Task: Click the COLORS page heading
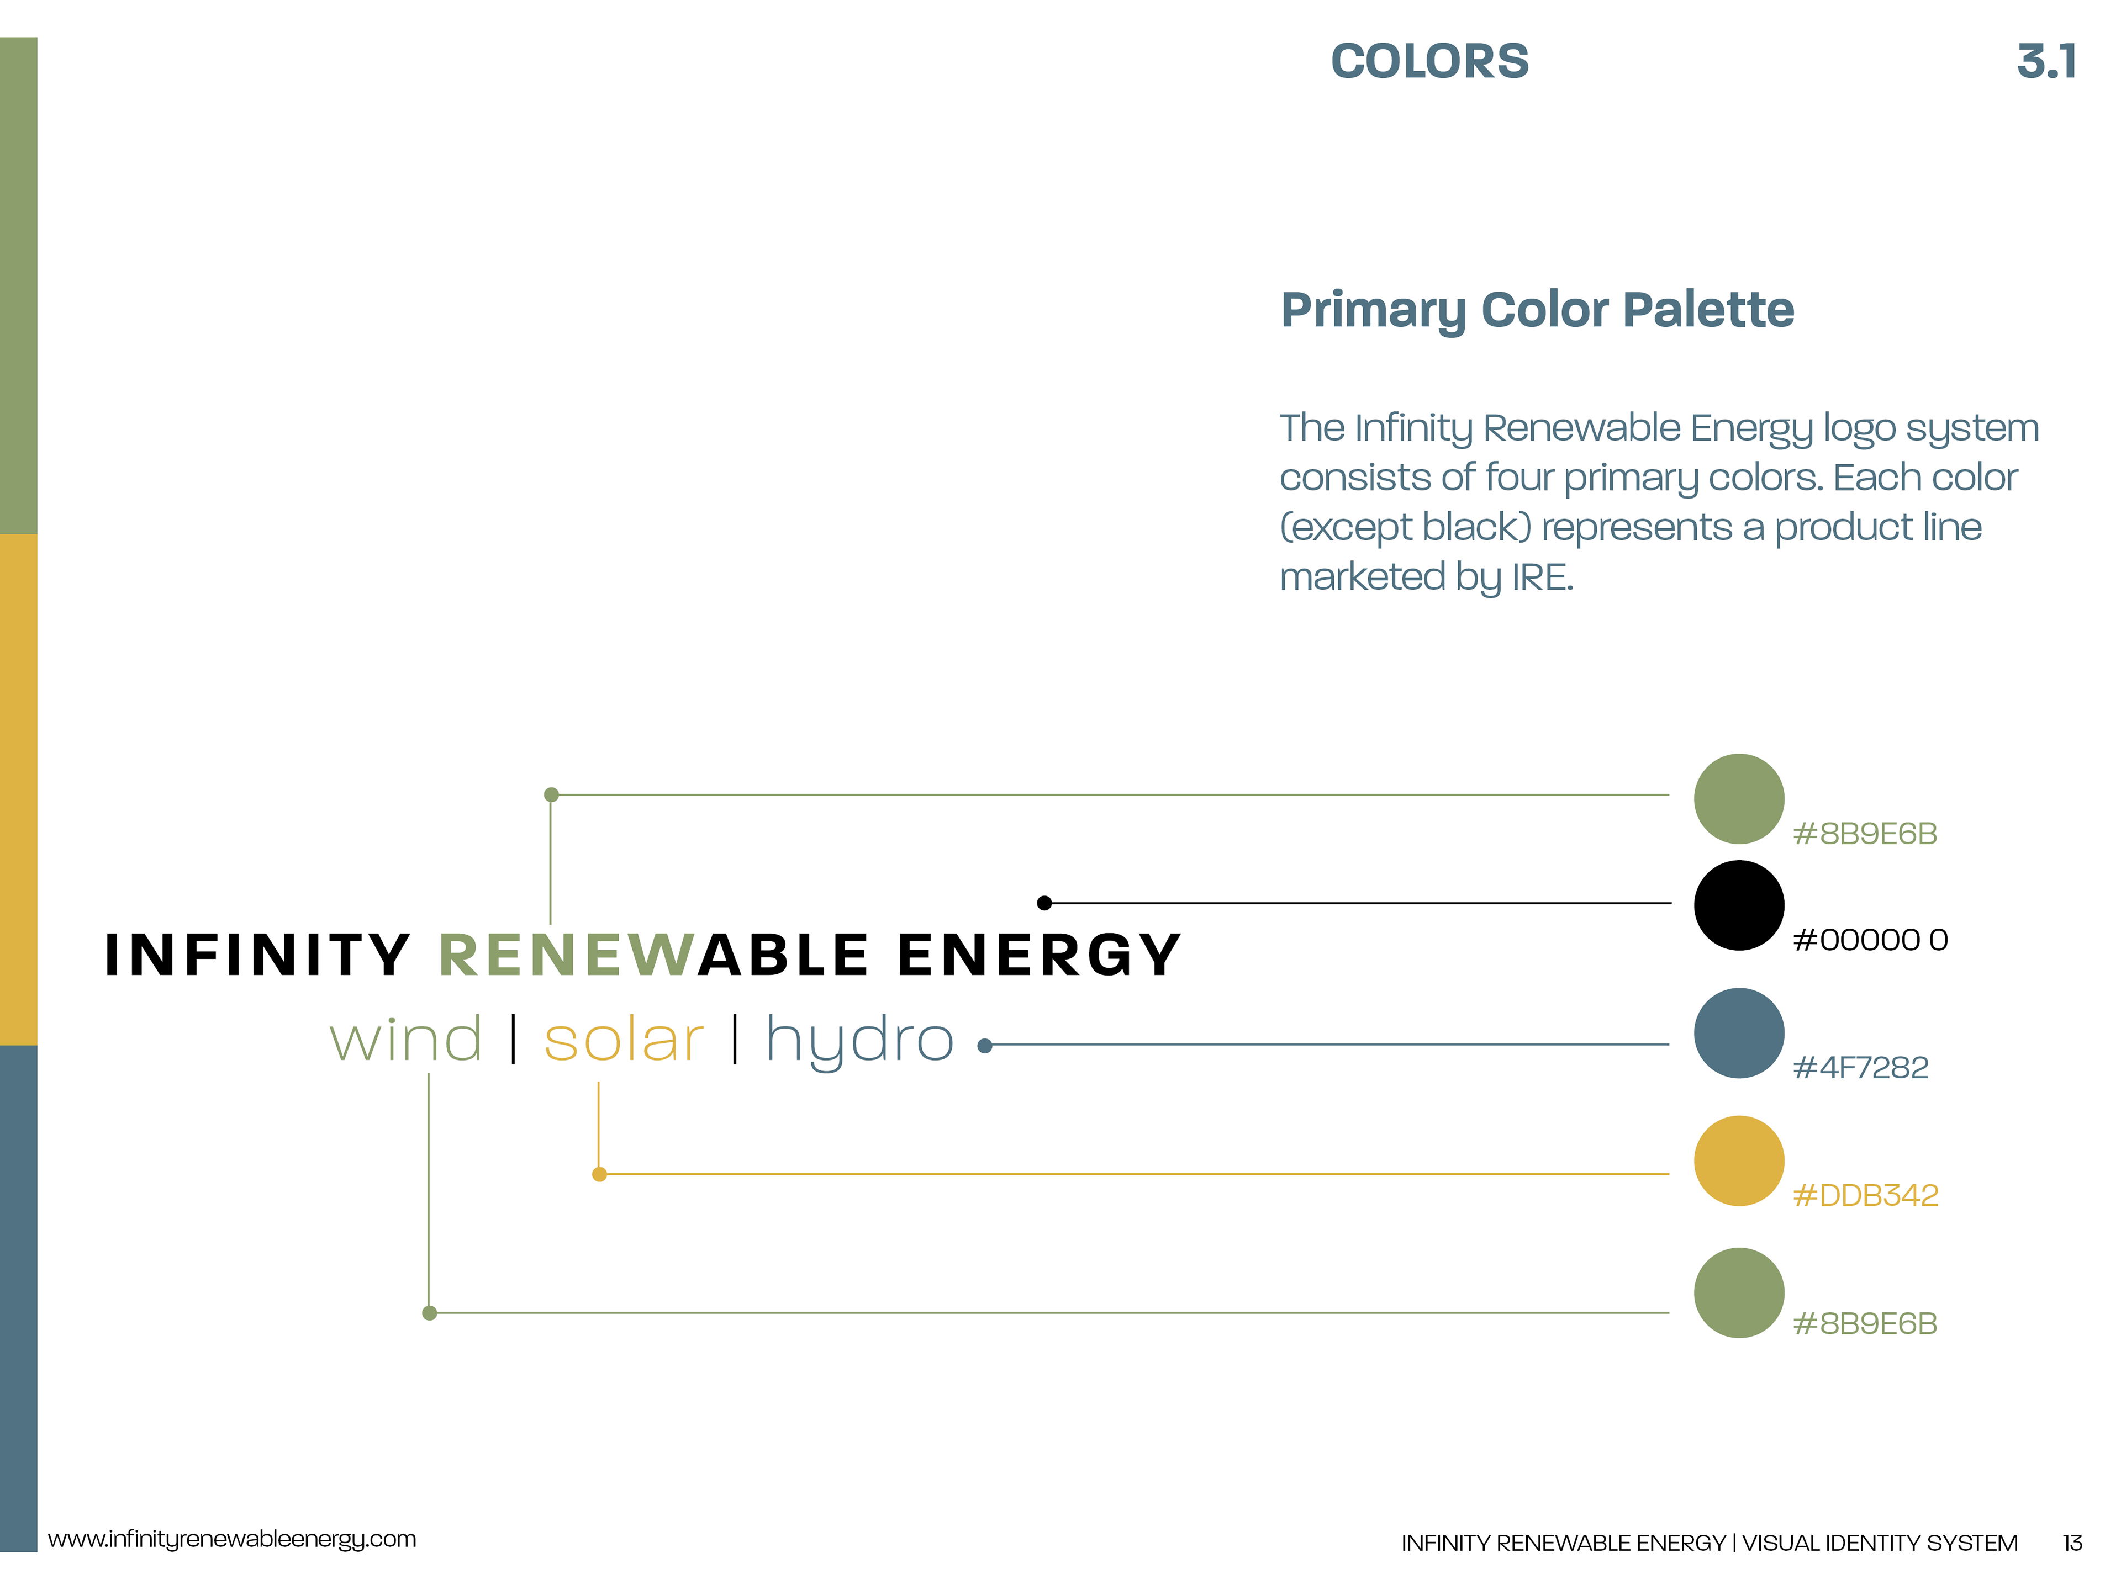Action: point(1429,61)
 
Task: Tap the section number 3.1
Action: point(2047,61)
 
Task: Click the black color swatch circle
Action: point(1738,905)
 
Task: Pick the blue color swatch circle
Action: point(1738,1033)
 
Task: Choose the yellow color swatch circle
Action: point(1738,1160)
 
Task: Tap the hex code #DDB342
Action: point(1865,1195)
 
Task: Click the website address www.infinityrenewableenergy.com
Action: point(232,1538)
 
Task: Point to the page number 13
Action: point(2072,1542)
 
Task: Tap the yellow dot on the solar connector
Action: point(599,1174)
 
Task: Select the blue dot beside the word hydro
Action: point(985,1046)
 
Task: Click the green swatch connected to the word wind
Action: point(1738,1293)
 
